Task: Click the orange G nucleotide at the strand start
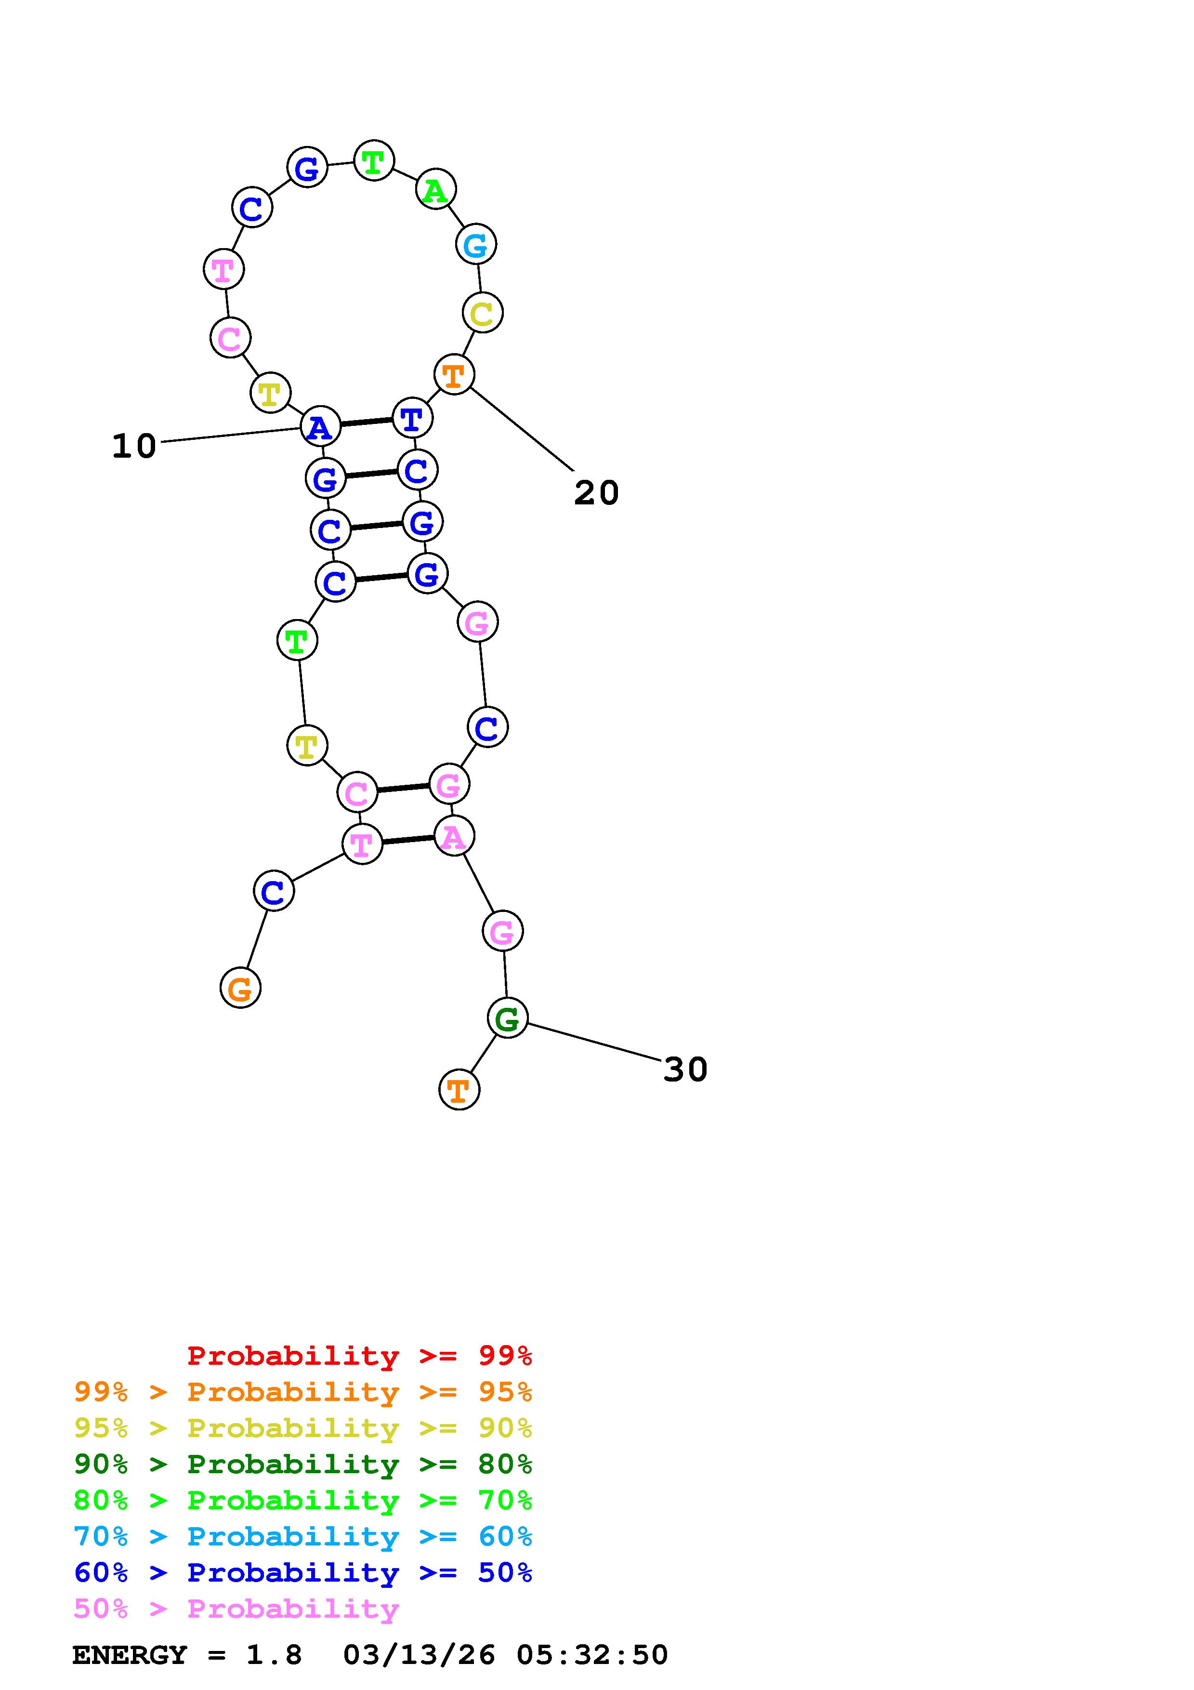coord(240,988)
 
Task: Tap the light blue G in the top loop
coord(476,244)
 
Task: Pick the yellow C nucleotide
coord(482,314)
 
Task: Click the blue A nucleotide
coord(320,427)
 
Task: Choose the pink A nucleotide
coord(454,837)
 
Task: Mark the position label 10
coord(134,446)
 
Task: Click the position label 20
coord(596,492)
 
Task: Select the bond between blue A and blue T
coord(366,422)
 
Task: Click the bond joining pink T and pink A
coord(407,840)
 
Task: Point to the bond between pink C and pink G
coord(402,788)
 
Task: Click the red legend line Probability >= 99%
coord(360,1355)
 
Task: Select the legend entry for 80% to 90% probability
coord(303,1464)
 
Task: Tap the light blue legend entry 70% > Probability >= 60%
coord(303,1536)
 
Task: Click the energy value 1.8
coord(274,1655)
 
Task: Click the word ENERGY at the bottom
coord(130,1655)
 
